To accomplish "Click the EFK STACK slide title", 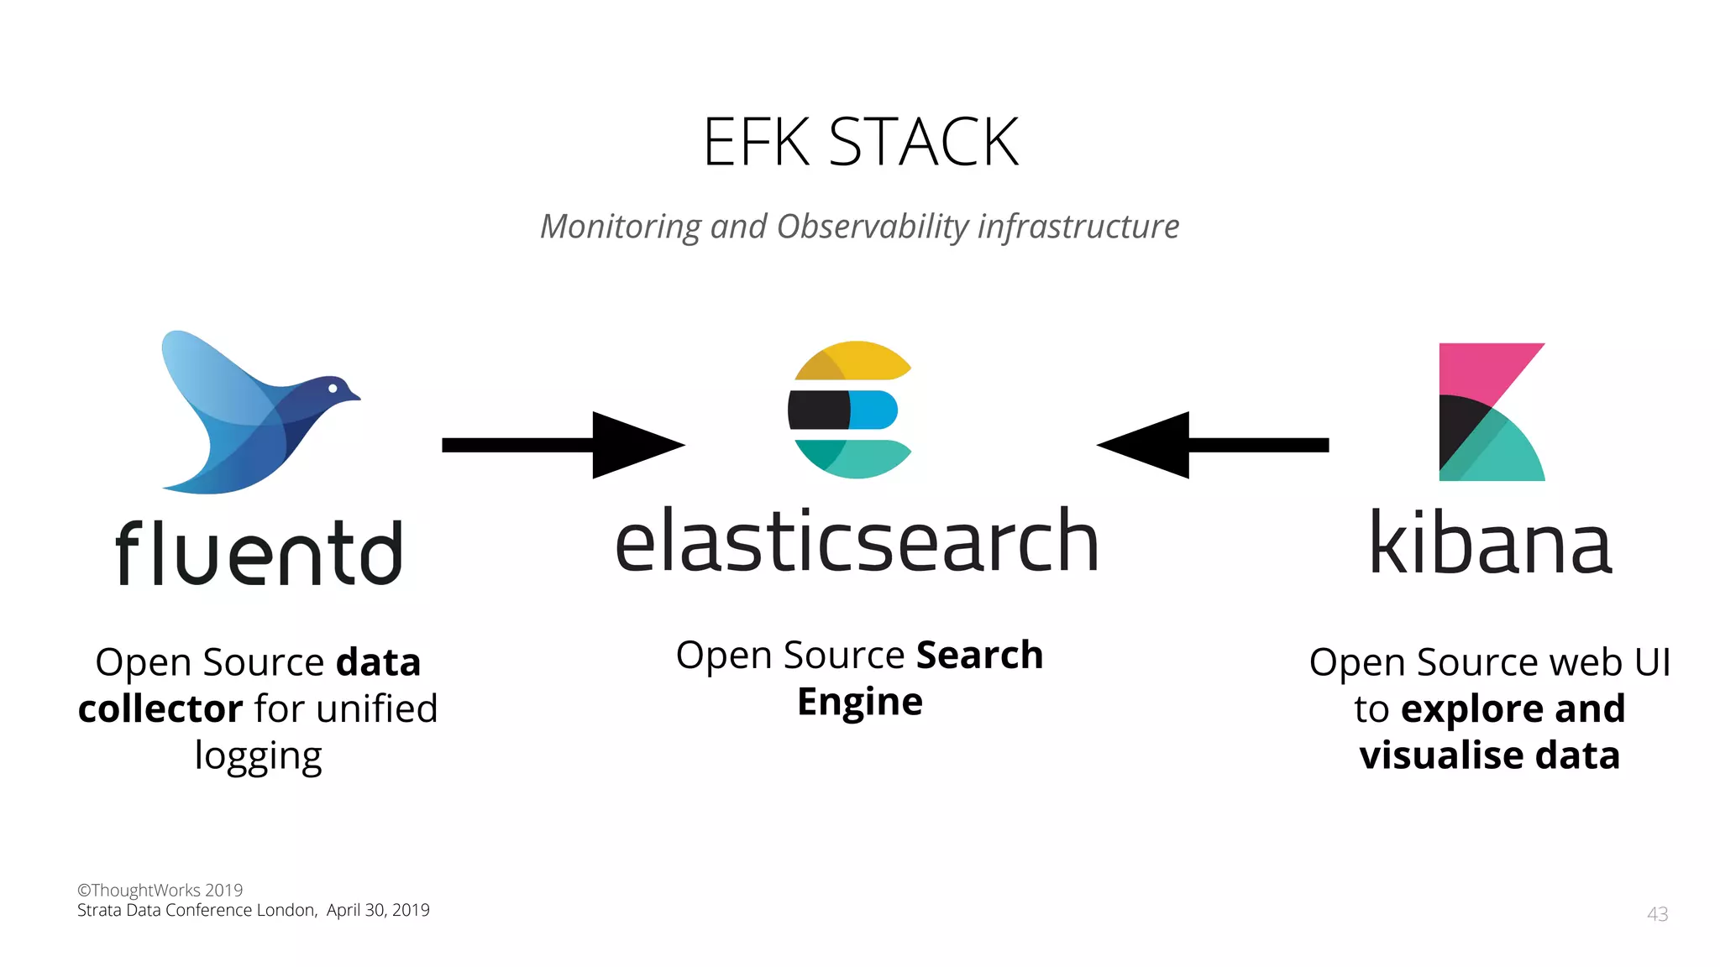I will tap(860, 143).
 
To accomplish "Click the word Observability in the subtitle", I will tap(873, 227).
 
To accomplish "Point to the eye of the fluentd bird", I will tap(333, 388).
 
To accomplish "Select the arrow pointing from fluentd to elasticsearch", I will tap(563, 445).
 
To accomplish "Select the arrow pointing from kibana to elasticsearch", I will tap(1213, 445).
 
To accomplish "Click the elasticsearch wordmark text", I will tap(857, 542).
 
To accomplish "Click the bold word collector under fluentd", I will tap(160, 709).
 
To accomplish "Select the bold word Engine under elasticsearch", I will tap(859, 702).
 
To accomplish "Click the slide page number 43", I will tap(1657, 914).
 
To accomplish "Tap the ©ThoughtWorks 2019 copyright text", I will tap(160, 890).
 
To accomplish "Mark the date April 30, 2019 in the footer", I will tap(378, 911).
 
